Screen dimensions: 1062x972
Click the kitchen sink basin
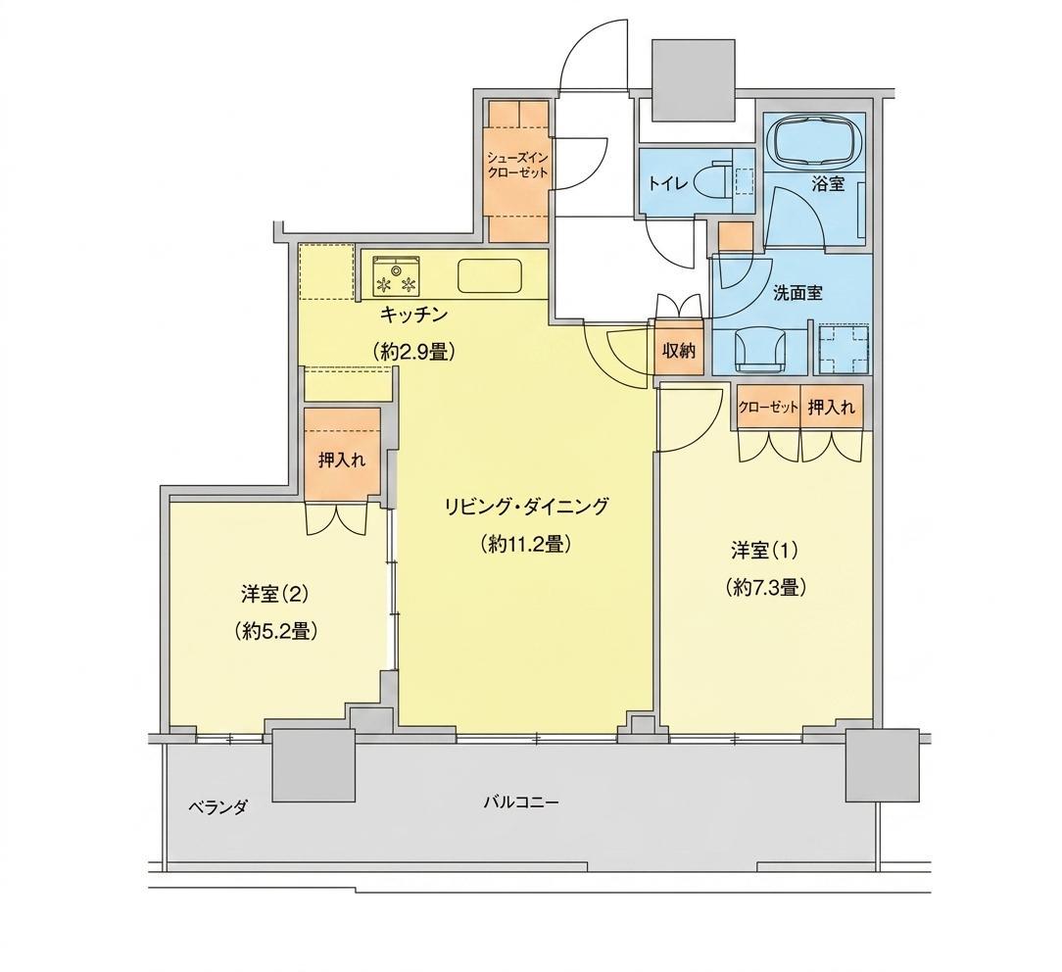(x=490, y=276)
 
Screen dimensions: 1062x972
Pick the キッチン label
(x=413, y=315)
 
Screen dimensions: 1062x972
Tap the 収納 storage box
(x=679, y=351)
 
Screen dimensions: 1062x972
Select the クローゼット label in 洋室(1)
(x=768, y=407)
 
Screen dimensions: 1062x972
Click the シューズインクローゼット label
(x=517, y=165)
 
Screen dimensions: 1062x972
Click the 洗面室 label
(x=797, y=293)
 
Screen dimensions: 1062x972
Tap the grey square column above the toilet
(x=693, y=80)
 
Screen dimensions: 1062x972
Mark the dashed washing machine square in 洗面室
(x=843, y=350)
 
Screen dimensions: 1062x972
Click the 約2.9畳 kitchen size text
(x=413, y=352)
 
